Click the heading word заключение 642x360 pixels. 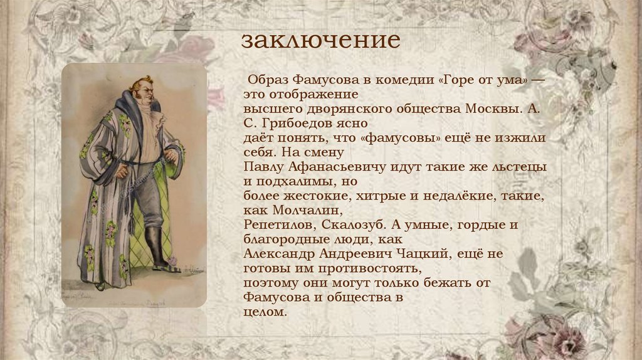click(321, 40)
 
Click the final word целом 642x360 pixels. click(264, 312)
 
